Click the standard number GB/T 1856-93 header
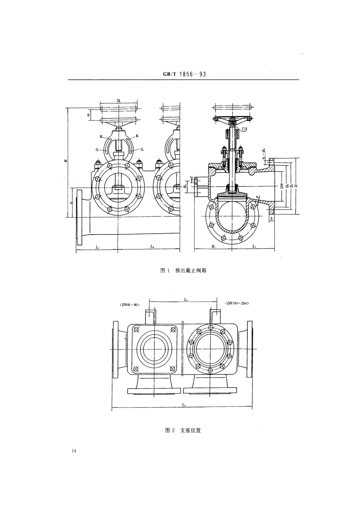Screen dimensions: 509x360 182,75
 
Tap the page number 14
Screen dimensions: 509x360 73,451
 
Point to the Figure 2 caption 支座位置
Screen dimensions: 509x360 183,430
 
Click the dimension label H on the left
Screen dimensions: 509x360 66,161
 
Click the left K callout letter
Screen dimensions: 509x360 101,136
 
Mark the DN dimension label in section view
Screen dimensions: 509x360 282,186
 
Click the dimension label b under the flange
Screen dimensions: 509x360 272,219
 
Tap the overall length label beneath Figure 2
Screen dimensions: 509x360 183,405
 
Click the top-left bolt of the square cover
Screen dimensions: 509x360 136,329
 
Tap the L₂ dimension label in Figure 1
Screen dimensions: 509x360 152,246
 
